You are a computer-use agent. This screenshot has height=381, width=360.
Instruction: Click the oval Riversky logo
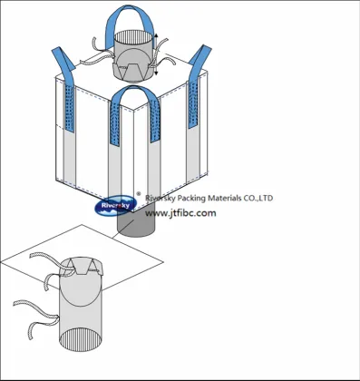(x=115, y=206)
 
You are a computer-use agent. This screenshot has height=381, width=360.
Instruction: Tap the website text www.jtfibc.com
(x=180, y=213)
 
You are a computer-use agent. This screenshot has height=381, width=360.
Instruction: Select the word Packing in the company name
(x=192, y=199)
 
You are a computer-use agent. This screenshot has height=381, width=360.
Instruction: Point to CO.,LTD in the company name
(x=258, y=198)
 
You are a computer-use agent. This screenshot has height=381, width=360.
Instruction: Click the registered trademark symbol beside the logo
(x=139, y=194)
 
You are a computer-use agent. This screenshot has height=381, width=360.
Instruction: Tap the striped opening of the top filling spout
(x=133, y=37)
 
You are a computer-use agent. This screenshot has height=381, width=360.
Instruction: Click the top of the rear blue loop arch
(x=129, y=7)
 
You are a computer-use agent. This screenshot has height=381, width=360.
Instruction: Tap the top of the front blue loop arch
(x=133, y=88)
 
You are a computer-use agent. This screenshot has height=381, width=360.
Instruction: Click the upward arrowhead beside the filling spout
(x=156, y=35)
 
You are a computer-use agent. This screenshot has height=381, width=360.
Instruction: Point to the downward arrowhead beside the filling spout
(x=156, y=73)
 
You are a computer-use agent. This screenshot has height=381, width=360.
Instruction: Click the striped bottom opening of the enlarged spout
(x=81, y=340)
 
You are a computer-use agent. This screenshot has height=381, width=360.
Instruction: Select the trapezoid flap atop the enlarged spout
(x=82, y=266)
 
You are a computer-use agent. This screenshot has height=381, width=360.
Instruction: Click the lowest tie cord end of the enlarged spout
(x=30, y=333)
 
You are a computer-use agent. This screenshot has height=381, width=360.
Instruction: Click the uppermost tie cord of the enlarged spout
(x=45, y=257)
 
